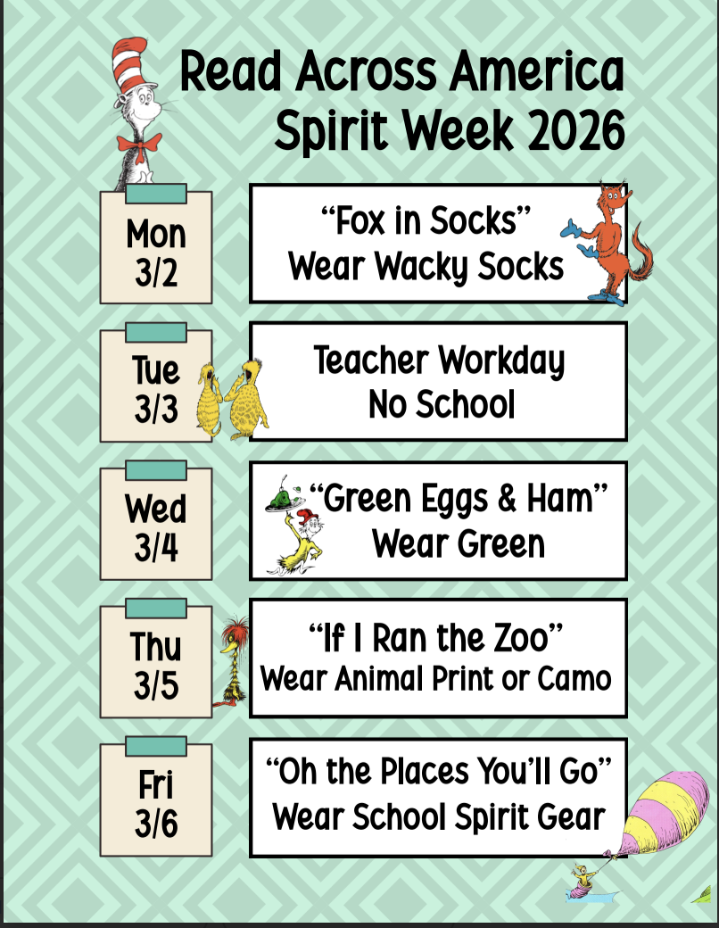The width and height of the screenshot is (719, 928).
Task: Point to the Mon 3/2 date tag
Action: pos(156,244)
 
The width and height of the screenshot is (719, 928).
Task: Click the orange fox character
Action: pos(607,243)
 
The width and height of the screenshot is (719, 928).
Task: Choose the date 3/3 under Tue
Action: pos(156,409)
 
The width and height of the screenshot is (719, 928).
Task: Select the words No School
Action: pos(442,404)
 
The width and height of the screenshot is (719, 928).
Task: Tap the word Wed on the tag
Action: pos(155,508)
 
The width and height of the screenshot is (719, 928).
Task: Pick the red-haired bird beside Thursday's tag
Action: pos(233,661)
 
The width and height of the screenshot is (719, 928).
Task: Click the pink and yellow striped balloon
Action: pos(665,812)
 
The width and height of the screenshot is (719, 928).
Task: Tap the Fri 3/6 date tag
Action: pos(156,797)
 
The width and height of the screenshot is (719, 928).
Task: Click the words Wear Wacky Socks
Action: pos(426,266)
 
